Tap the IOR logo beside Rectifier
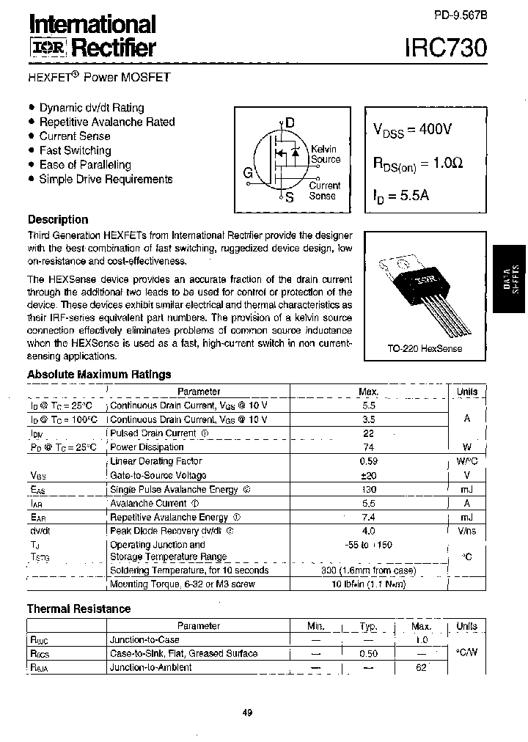[48, 48]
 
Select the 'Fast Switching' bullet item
[75, 150]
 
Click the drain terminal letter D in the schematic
[290, 123]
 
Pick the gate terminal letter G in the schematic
[248, 174]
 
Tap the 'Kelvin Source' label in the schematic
[325, 154]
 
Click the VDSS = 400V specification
[412, 130]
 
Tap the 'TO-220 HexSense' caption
[425, 348]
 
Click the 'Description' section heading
[58, 219]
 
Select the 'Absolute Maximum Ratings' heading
[99, 374]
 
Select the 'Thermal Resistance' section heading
[79, 609]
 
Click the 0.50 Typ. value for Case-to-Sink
[368, 653]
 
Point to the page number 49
[247, 713]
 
